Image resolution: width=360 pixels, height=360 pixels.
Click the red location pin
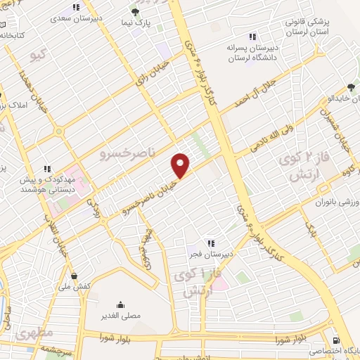(x=181, y=165)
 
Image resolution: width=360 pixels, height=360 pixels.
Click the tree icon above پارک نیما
(x=136, y=12)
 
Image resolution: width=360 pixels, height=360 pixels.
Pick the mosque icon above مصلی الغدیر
(x=122, y=305)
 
